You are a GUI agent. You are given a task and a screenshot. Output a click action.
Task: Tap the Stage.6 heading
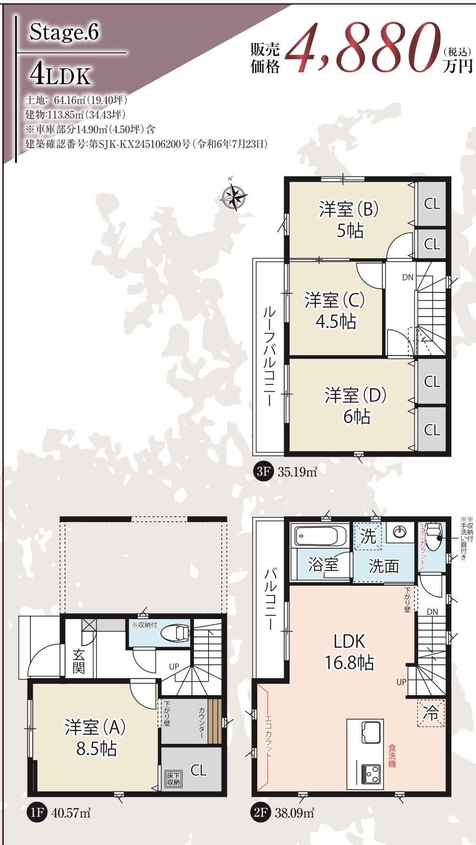point(64,33)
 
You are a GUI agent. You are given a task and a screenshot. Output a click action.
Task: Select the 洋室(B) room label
point(349,210)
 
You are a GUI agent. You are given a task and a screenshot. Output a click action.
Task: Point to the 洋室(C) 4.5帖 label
point(335,310)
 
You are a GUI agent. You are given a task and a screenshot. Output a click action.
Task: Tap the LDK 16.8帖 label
point(349,652)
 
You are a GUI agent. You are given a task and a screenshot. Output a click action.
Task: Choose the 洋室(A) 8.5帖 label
point(95,738)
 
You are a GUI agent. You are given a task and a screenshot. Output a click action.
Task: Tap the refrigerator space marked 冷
point(431,713)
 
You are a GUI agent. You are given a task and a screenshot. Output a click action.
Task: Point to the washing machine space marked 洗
point(368,536)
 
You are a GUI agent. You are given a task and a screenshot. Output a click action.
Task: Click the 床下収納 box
point(173,779)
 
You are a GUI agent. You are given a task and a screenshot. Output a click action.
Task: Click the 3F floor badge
point(262,472)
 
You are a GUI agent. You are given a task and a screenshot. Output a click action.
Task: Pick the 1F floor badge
point(36,813)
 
